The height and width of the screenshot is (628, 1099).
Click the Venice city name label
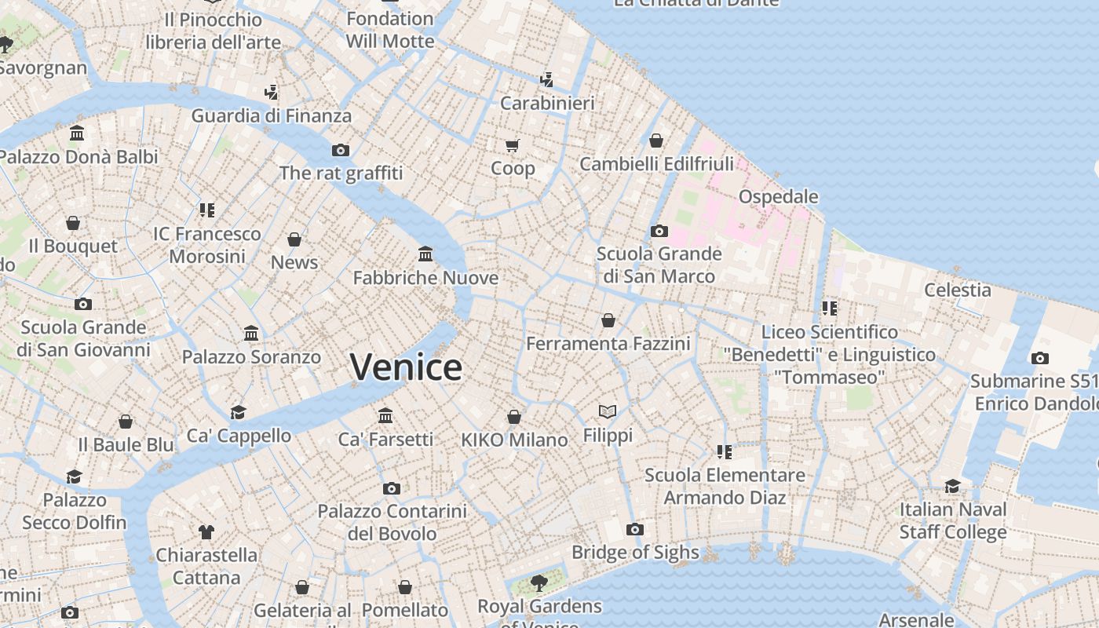[406, 367]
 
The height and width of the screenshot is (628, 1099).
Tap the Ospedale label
[778, 196]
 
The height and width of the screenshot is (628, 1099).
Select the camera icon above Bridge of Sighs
[635, 530]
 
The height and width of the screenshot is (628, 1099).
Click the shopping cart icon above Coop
[513, 145]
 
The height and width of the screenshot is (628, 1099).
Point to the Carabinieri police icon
[547, 79]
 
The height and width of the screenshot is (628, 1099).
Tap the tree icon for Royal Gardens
[539, 582]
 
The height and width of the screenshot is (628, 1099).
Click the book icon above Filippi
[608, 411]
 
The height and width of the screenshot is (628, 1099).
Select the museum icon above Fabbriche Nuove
[425, 254]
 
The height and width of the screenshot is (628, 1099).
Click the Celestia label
[957, 290]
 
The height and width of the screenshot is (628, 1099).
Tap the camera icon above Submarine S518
[1040, 359]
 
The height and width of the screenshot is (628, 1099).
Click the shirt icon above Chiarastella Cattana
[206, 532]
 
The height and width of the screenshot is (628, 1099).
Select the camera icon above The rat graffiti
[340, 150]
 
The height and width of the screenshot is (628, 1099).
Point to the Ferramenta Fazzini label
[608, 344]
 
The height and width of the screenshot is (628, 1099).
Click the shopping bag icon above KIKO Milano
[514, 417]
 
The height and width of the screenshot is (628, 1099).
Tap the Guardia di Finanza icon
[272, 93]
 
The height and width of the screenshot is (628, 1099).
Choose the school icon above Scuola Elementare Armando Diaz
[725, 452]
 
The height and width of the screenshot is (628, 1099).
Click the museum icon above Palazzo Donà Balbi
[77, 133]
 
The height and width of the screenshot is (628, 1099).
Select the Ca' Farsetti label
[385, 440]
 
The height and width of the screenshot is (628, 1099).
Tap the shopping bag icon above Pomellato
[405, 587]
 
